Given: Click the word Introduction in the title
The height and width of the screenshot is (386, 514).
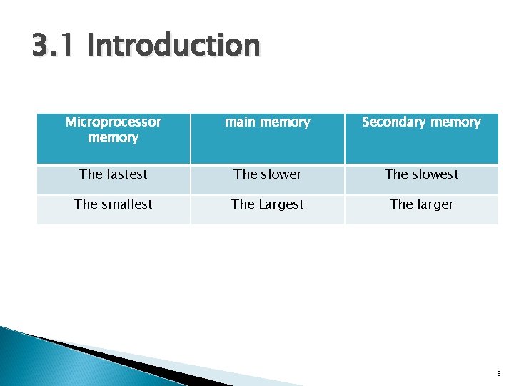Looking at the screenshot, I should click(x=173, y=46).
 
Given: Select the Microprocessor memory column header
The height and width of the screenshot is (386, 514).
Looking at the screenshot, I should click(x=114, y=129).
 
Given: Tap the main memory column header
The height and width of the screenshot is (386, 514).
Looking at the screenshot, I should click(x=268, y=122).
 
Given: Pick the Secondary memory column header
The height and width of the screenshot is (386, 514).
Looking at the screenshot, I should click(x=421, y=122).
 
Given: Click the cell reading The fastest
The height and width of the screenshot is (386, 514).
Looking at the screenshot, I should click(x=114, y=174).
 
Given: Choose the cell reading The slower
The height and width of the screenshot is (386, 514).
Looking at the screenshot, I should click(x=268, y=174).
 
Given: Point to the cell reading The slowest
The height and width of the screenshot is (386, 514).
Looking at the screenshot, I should click(x=421, y=174).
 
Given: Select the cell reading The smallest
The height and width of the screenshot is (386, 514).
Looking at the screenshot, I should click(x=114, y=204).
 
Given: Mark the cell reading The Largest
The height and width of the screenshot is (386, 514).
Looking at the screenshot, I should click(x=268, y=204).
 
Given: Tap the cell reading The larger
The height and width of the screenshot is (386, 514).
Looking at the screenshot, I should click(x=421, y=204).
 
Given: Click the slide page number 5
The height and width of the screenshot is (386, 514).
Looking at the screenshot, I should click(x=499, y=373).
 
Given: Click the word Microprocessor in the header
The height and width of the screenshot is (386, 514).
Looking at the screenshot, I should click(x=114, y=122).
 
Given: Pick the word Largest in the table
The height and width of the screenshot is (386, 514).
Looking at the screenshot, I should click(x=281, y=204).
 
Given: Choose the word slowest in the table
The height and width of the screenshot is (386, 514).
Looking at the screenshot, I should click(x=435, y=174).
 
